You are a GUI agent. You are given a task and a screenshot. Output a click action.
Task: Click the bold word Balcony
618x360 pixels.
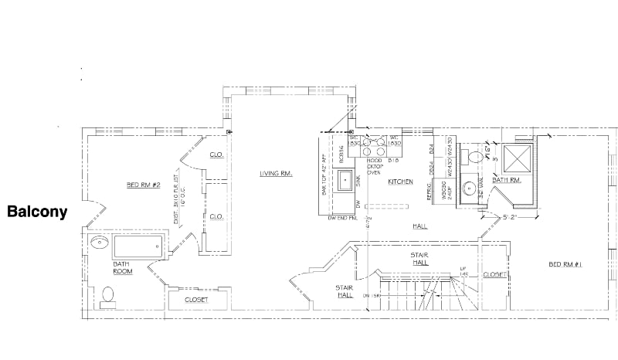(x=37, y=211)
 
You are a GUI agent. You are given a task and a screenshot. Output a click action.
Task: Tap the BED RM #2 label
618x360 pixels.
(x=144, y=185)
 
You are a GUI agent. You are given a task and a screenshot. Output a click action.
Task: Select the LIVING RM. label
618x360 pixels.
(x=275, y=174)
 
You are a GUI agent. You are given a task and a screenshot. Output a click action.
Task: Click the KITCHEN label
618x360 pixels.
(x=401, y=182)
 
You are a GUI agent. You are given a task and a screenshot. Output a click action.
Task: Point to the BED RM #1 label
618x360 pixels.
(x=565, y=265)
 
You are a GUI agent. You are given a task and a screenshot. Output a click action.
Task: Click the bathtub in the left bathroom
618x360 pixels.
(x=139, y=246)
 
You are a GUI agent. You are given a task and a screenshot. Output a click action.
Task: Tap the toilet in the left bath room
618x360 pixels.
(x=107, y=294)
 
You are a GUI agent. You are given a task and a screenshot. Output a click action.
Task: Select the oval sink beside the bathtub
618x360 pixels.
(x=100, y=243)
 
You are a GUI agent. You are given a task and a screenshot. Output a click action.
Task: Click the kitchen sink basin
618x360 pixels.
(x=342, y=181)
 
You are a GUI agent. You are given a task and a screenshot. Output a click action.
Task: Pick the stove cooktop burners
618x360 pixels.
(x=375, y=142)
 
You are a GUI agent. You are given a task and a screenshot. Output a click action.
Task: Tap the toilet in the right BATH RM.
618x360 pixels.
(x=476, y=156)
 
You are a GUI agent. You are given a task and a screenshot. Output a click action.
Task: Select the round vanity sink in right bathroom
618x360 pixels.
(x=469, y=188)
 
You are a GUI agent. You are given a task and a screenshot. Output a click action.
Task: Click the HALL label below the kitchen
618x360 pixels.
(x=420, y=226)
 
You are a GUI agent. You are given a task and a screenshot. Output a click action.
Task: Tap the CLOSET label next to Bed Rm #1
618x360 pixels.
(x=494, y=274)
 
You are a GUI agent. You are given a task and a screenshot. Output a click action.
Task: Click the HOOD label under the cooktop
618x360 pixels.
(x=375, y=161)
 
